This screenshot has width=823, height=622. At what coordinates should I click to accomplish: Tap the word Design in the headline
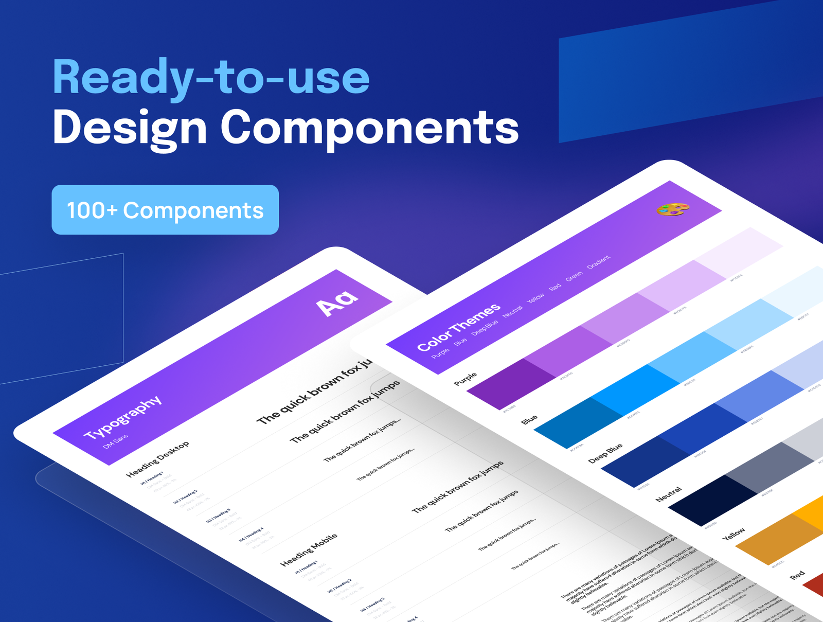130,128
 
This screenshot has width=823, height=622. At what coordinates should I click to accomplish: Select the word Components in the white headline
369,128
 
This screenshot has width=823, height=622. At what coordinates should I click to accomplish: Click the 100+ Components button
165,210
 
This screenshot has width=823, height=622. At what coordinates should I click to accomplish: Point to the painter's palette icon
673,209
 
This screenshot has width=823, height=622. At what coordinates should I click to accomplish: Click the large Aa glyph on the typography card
337,302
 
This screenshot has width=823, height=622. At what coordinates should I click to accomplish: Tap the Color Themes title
458,327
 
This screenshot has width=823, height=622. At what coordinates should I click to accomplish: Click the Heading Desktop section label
158,458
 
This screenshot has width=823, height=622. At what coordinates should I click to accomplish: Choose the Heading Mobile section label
309,550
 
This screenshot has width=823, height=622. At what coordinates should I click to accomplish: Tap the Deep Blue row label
605,453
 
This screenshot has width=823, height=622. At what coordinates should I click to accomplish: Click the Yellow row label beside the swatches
733,534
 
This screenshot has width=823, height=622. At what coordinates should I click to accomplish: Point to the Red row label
797,575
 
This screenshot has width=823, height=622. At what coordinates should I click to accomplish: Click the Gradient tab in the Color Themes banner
598,261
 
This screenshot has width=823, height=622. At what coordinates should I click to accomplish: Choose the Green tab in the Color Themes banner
574,276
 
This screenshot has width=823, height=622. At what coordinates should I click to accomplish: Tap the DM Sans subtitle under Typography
116,441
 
